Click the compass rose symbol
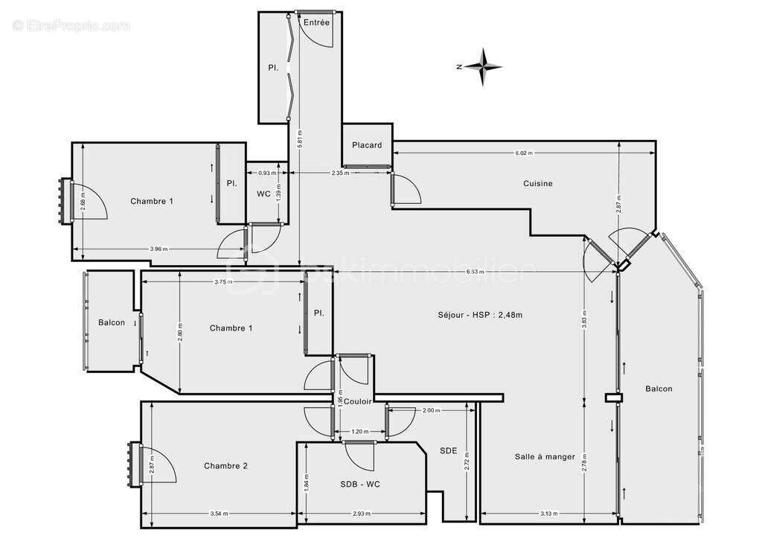click(x=484, y=66)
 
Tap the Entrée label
click(x=316, y=23)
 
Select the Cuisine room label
click(x=538, y=183)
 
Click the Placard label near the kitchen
click(x=367, y=144)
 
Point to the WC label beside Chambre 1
click(x=263, y=194)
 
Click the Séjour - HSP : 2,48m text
click(x=480, y=314)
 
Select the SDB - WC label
click(x=361, y=484)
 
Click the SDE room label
click(x=449, y=450)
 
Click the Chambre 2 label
click(x=225, y=466)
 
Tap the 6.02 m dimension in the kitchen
click(x=524, y=153)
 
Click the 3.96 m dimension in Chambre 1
click(x=158, y=249)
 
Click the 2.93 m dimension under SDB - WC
click(x=362, y=514)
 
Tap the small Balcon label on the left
click(x=112, y=322)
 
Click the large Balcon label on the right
click(x=659, y=389)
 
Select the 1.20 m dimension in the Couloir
click(x=360, y=432)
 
